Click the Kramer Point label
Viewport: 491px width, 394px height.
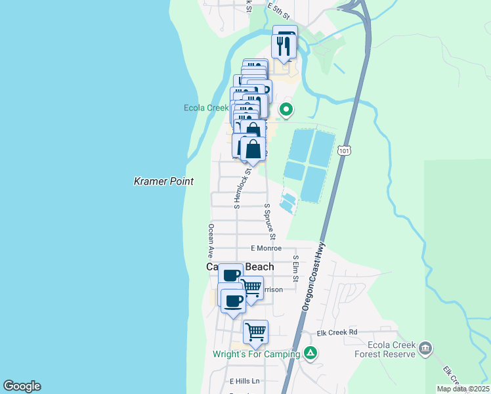[x=163, y=181]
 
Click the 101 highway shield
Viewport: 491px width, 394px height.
[x=345, y=151]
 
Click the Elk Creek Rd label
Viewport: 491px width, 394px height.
[x=337, y=332]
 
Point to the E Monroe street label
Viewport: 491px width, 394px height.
[x=267, y=248]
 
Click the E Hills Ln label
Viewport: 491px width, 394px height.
[x=245, y=381]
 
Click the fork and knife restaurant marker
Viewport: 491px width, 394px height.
[x=284, y=46]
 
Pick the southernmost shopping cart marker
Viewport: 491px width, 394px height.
[x=255, y=332]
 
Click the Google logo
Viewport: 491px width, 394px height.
[x=22, y=386]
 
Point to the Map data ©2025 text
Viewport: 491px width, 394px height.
[x=463, y=389]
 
